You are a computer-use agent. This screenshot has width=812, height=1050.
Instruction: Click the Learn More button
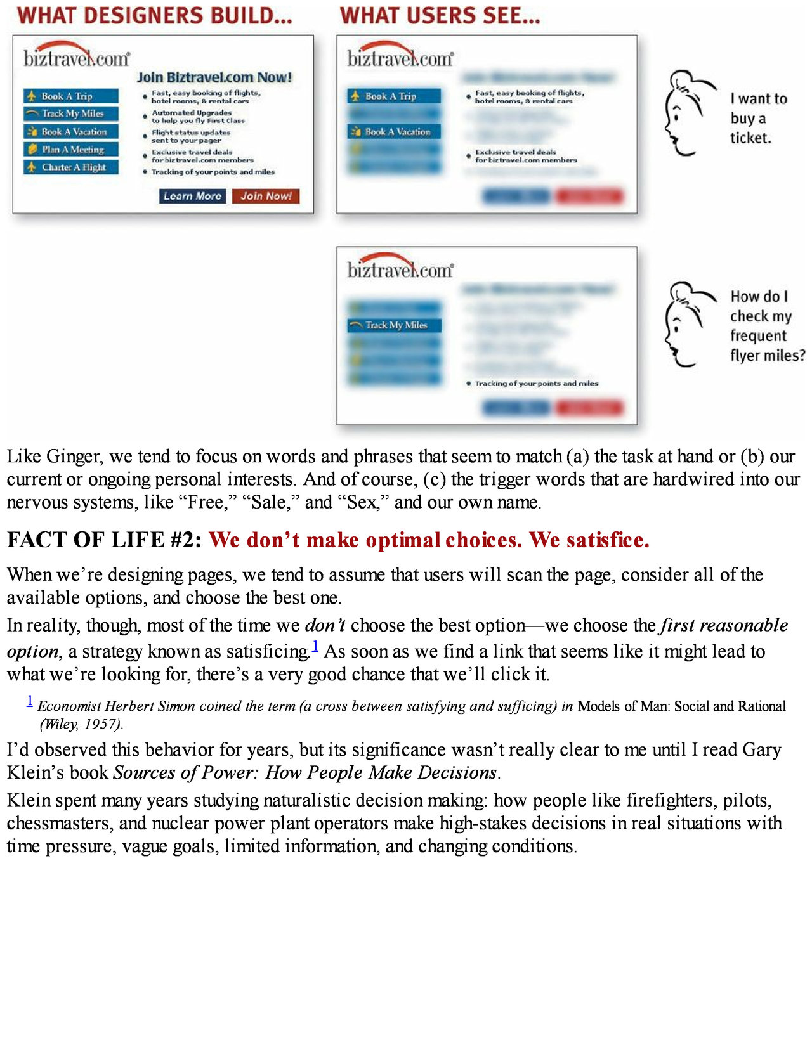click(192, 197)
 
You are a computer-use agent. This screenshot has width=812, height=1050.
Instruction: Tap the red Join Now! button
click(265, 197)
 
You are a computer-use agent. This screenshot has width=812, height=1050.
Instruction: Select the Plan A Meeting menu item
click(72, 150)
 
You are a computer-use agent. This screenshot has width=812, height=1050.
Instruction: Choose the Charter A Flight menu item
click(72, 167)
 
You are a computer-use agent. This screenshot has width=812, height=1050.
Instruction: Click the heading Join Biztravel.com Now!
click(214, 77)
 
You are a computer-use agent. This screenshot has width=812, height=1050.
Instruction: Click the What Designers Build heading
click(155, 16)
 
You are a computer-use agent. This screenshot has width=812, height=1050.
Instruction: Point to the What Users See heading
click(440, 16)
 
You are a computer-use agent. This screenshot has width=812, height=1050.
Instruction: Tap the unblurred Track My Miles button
click(395, 325)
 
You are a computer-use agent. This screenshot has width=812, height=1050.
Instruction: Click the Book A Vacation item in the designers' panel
click(72, 132)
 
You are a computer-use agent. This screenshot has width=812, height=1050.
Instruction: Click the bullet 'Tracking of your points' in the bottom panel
click(536, 384)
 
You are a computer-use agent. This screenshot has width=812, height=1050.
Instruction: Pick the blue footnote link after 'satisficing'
click(315, 647)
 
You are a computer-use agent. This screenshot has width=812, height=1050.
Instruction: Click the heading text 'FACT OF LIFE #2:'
click(104, 540)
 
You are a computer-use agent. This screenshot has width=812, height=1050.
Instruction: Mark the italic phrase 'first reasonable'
click(724, 625)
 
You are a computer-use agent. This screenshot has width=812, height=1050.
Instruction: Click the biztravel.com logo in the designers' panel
click(77, 56)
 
